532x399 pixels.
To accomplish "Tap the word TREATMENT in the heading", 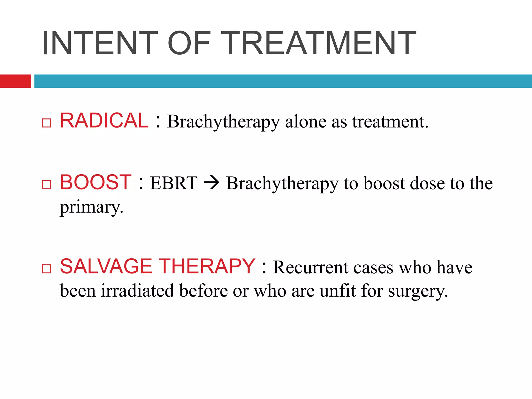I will coord(318,43).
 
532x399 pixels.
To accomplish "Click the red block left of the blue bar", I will coord(15,81).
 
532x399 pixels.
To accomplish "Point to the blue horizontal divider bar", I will coord(283,81).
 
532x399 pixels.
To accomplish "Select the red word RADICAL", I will coord(104,121).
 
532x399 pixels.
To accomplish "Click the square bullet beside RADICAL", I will coord(46,123).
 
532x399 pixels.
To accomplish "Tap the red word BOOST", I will coord(96,182).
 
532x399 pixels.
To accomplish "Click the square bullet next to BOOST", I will coord(46,185).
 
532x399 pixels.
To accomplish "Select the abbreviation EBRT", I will coord(174,183).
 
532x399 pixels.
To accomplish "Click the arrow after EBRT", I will coord(211,183).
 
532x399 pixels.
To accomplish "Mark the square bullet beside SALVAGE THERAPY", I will coord(46,269).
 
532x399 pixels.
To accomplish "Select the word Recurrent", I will coord(311,268).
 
